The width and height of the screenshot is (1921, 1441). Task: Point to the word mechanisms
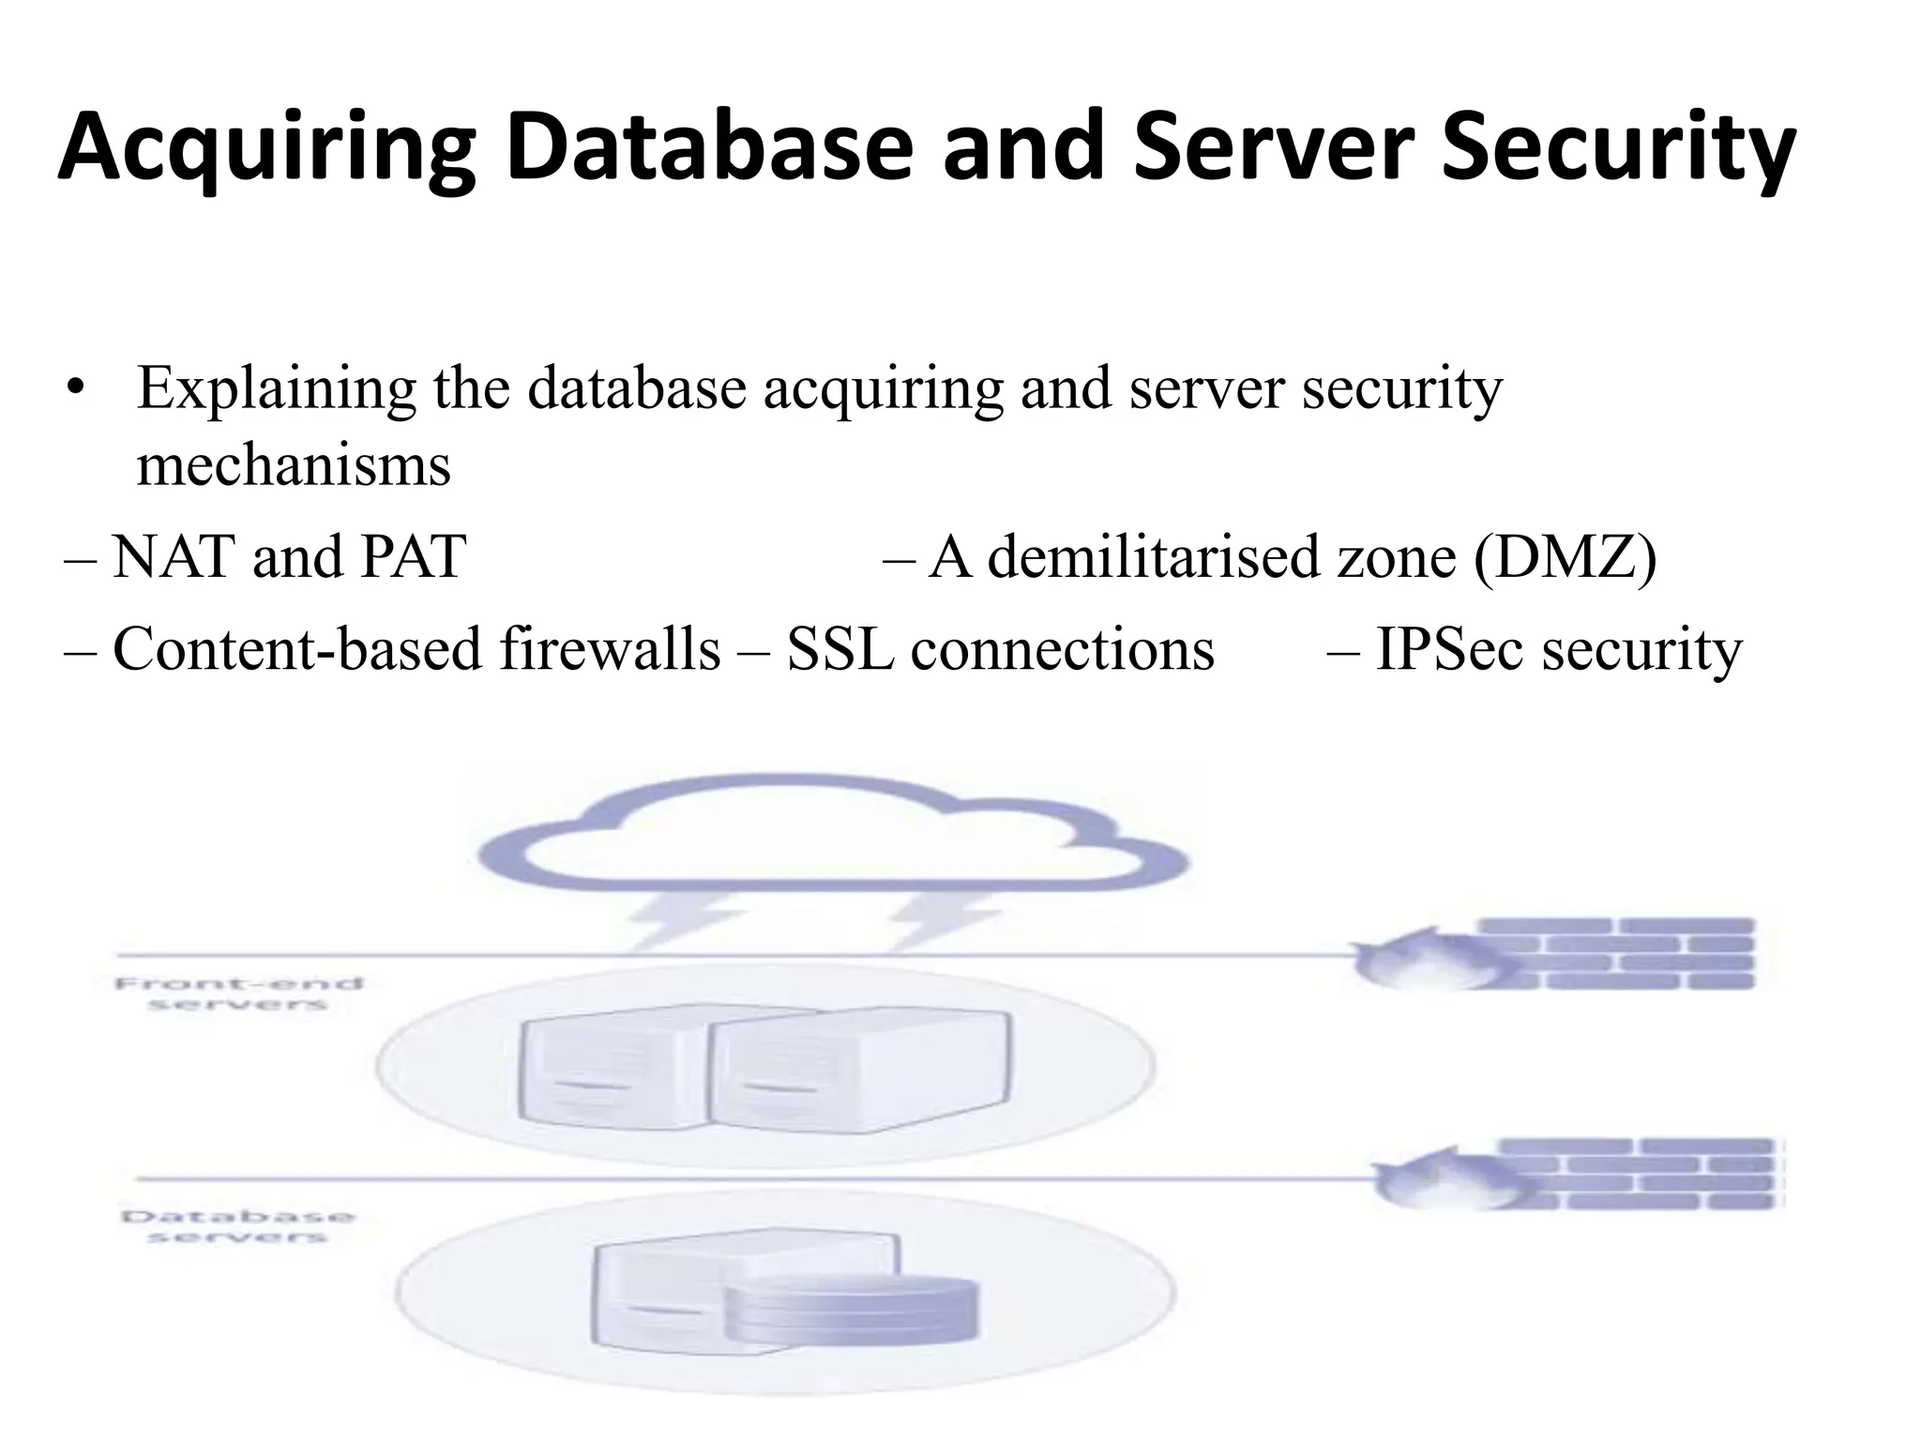[x=294, y=465]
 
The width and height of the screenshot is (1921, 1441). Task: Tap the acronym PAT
[x=413, y=557]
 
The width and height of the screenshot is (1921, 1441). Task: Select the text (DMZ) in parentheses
[x=1565, y=557]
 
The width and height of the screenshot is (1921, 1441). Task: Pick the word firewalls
[x=610, y=649]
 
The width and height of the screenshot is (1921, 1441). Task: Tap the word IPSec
[x=1448, y=649]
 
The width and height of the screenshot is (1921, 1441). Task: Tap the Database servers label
[x=238, y=1226]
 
